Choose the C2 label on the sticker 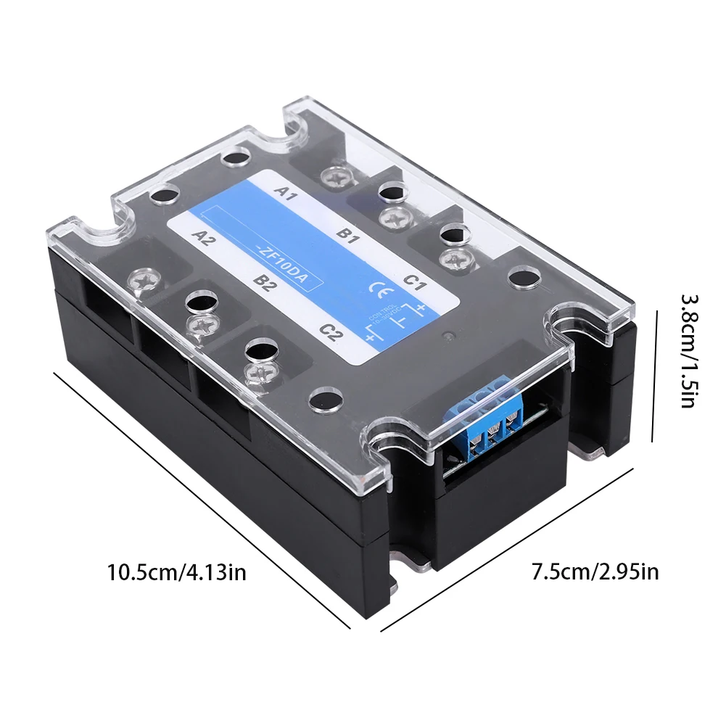(x=331, y=332)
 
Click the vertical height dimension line (x=656, y=376)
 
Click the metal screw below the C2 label (x=259, y=374)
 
